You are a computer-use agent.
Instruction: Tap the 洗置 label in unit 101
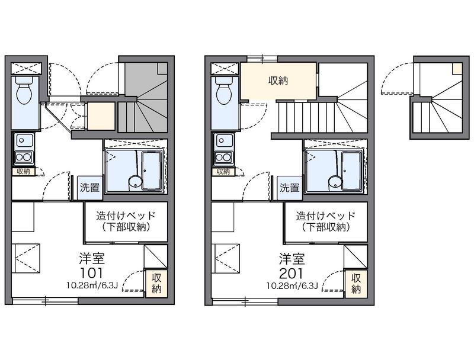point(90,188)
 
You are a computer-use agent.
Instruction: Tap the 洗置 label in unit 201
point(290,188)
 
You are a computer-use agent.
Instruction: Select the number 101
point(91,273)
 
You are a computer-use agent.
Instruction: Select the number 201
point(291,273)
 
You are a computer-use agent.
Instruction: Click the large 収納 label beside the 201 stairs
point(278,81)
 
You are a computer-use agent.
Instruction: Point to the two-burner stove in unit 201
point(223,157)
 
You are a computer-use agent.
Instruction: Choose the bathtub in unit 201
point(352,171)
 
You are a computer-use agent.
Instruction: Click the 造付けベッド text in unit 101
point(126,216)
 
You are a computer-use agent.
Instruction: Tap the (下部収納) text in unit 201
point(326,227)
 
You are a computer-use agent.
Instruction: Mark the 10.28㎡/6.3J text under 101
point(92,285)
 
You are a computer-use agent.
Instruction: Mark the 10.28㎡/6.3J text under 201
point(292,285)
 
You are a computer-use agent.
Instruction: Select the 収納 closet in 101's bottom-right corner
point(156,283)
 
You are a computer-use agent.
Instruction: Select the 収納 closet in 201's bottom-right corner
point(356,283)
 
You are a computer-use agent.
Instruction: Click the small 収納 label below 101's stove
point(23,172)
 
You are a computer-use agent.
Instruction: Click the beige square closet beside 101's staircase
point(101,116)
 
